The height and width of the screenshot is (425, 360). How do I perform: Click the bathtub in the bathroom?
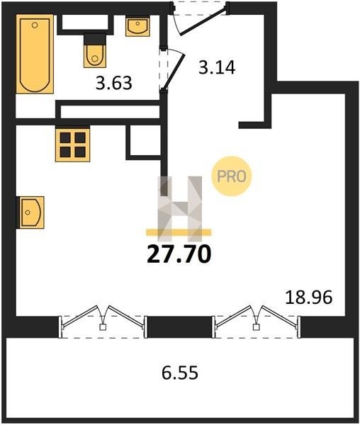[x=35, y=54]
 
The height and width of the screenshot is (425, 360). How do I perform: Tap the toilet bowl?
[x=95, y=56]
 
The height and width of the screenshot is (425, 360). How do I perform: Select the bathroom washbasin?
[x=137, y=27]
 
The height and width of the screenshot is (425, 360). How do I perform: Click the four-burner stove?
[x=73, y=145]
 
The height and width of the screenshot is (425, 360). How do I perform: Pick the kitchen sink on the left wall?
[x=30, y=212]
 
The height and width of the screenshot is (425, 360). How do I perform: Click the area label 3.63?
[x=114, y=83]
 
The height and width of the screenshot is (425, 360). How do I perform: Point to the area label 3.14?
[x=217, y=67]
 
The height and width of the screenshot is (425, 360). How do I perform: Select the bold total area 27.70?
[x=179, y=254]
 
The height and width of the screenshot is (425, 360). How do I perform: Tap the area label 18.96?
[x=309, y=297]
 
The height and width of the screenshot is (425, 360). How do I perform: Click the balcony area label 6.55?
[x=180, y=373]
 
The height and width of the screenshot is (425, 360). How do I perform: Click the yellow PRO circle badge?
[x=232, y=176]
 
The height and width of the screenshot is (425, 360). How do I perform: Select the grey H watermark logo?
[x=180, y=209]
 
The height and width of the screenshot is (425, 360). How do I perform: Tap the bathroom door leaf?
[x=174, y=71]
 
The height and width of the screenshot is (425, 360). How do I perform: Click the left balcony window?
[x=103, y=322]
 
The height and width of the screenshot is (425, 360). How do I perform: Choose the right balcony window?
[x=256, y=322]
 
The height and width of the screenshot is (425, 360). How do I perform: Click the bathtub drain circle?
[x=35, y=25]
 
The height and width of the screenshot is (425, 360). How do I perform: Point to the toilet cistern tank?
[x=95, y=39]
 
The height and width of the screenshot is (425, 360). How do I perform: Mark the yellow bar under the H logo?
[x=179, y=232]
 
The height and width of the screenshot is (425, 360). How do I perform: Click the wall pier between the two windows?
[x=179, y=327]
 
